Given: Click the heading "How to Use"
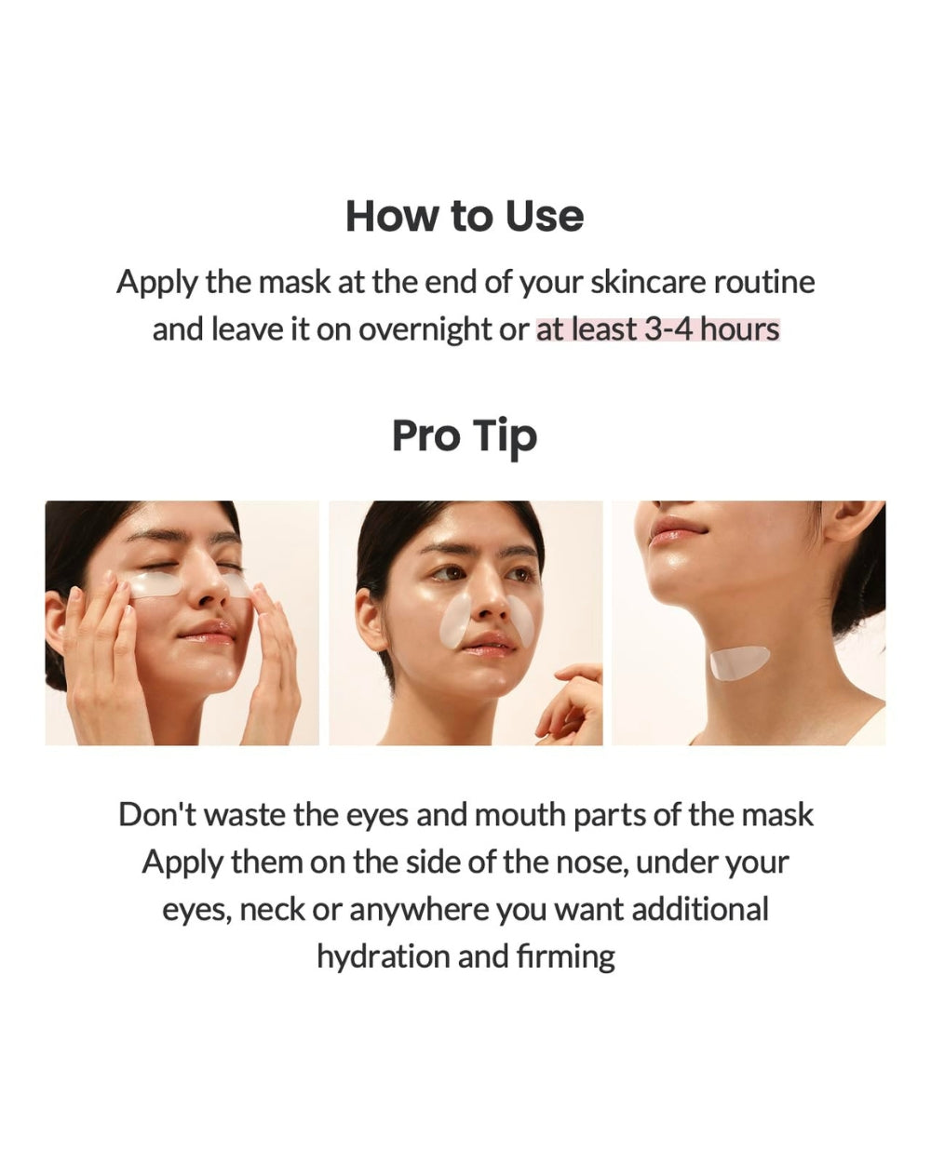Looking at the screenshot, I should [x=465, y=216].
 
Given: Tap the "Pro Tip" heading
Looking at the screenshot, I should [x=465, y=436].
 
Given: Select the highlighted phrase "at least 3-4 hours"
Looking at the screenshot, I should [x=657, y=329].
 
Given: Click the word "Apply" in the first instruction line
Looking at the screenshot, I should [x=156, y=282].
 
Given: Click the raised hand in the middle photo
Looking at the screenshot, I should [x=570, y=705].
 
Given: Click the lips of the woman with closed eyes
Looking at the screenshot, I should [x=209, y=637].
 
